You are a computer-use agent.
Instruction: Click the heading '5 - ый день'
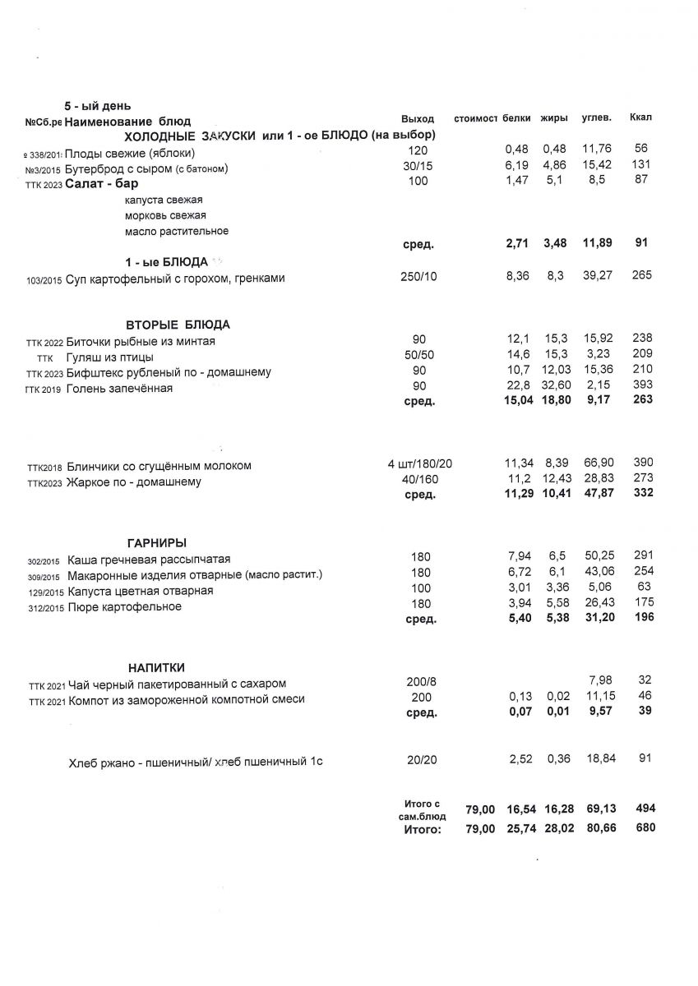point(98,107)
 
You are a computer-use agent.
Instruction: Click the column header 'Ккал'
point(640,118)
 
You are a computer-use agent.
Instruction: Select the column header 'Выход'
point(417,120)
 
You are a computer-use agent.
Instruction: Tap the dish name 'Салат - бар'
point(102,183)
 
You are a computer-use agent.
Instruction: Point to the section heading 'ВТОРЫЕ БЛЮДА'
point(178,325)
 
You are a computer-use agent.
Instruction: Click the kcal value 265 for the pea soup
point(642,275)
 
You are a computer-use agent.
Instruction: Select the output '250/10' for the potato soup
point(419,277)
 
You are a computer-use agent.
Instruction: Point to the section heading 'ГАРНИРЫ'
point(157,542)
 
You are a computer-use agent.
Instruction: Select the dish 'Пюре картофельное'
point(125,607)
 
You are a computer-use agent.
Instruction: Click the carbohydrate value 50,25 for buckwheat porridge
point(598,557)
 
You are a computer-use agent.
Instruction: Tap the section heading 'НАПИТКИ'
point(156,667)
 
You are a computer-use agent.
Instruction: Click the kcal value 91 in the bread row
point(644,758)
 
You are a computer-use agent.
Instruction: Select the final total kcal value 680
point(645,829)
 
